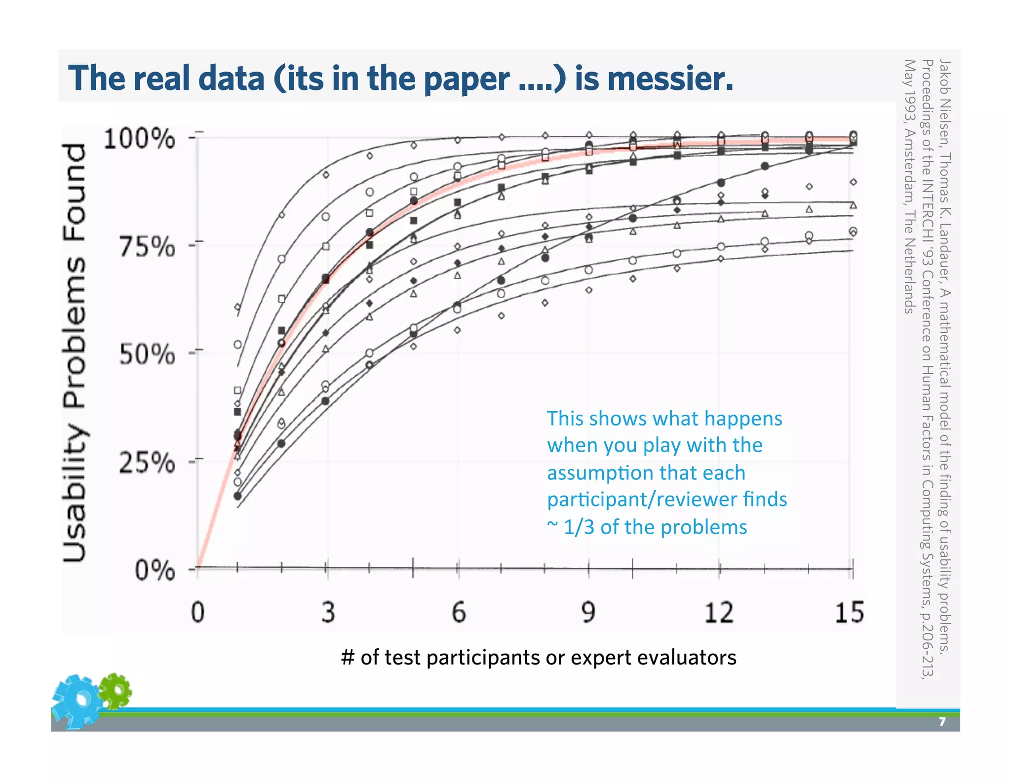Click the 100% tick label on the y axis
coord(139,139)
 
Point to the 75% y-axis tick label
coord(147,246)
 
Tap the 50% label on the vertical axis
coord(147,354)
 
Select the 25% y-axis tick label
coord(147,463)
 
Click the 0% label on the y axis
coord(155,571)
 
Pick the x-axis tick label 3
coord(328,612)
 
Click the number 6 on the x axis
coord(459,612)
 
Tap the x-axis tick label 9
coord(588,612)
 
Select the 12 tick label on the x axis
coord(718,612)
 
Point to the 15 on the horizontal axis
coord(849,612)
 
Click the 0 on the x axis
coord(198,612)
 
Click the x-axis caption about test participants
coord(539,658)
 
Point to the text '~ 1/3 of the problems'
coord(647,527)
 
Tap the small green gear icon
coord(116,690)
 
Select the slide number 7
coord(942,722)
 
